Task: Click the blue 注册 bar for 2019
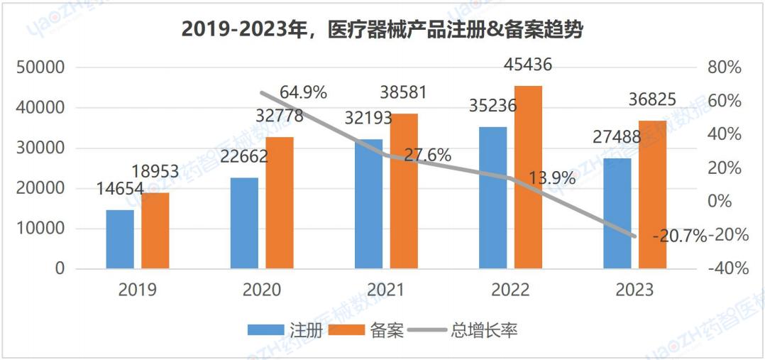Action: pos(120,239)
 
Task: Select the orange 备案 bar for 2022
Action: pos(528,178)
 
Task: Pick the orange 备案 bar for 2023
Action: pos(652,195)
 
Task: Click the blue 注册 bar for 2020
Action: pos(244,223)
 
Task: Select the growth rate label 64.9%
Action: pos(303,92)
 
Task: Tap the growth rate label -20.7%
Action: pos(680,236)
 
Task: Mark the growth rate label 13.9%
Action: pos(553,178)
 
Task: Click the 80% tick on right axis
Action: pos(724,68)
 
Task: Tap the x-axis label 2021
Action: pos(386,290)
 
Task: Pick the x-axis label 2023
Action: pos(635,290)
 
